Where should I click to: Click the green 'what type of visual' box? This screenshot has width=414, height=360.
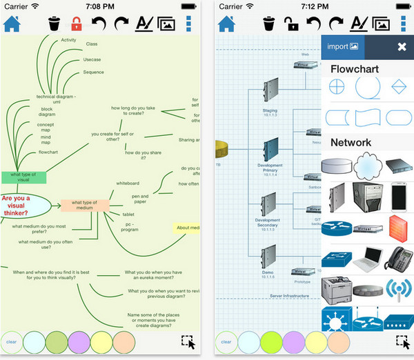point(24,177)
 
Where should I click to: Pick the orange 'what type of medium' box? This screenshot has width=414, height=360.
point(85,204)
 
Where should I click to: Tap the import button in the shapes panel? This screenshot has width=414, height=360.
point(343,47)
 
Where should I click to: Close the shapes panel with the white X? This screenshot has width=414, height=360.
point(402,47)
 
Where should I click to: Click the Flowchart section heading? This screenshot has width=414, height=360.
point(355,69)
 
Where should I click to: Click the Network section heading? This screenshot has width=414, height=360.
point(351,142)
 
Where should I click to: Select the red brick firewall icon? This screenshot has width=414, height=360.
point(399,226)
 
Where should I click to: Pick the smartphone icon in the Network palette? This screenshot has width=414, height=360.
point(399,196)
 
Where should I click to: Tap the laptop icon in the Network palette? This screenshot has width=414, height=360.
point(368,259)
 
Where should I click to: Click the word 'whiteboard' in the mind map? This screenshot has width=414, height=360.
point(127,183)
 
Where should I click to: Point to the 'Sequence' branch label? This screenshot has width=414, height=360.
point(94,72)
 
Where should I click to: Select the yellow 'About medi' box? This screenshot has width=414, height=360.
point(187,228)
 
